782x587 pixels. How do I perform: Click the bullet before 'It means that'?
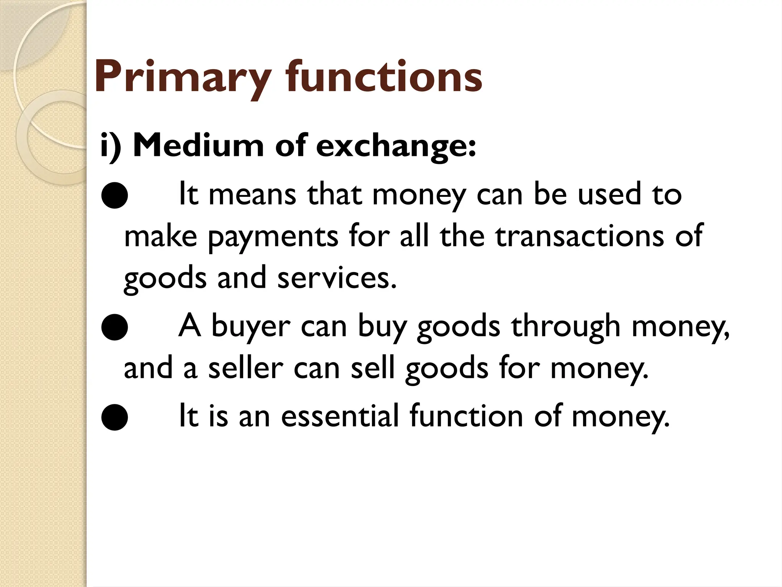pos(115,196)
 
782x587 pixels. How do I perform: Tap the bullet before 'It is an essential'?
pos(115,417)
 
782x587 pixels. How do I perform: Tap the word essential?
pos(339,416)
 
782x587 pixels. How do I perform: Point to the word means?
pos(252,195)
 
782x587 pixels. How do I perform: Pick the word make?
pos(161,237)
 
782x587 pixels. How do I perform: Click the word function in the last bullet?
pos(466,416)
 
